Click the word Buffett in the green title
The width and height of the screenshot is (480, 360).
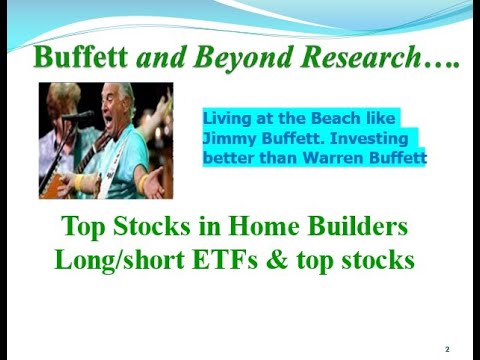click(79, 57)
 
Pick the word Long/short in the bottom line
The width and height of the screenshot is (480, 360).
click(113, 261)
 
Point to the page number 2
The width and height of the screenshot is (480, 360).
click(447, 349)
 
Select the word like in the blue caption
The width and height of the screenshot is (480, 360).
click(383, 117)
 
